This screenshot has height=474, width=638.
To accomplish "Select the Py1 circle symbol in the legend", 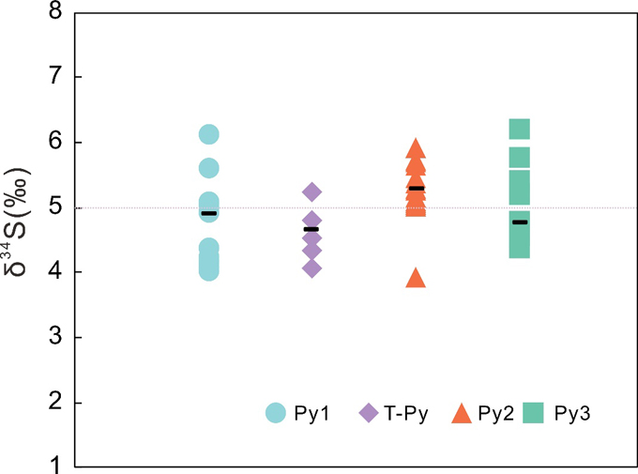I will pos(275,412).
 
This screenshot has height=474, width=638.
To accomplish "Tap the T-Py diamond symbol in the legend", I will pos(369,412).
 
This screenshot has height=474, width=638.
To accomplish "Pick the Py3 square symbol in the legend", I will pos(532,411).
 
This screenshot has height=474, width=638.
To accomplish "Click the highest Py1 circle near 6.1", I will pos(209,135).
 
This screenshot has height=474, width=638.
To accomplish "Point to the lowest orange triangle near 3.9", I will pos(416,278).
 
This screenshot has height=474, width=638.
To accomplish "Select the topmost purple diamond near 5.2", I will pos(312,192).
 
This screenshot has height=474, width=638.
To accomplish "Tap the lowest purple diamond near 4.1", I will pos(312,268).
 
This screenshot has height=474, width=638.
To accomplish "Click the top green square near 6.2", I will pos(520,130).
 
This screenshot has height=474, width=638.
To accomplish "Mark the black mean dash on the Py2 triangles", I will pos(416,189).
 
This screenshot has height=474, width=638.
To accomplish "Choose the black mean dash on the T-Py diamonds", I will pos(311,229).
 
